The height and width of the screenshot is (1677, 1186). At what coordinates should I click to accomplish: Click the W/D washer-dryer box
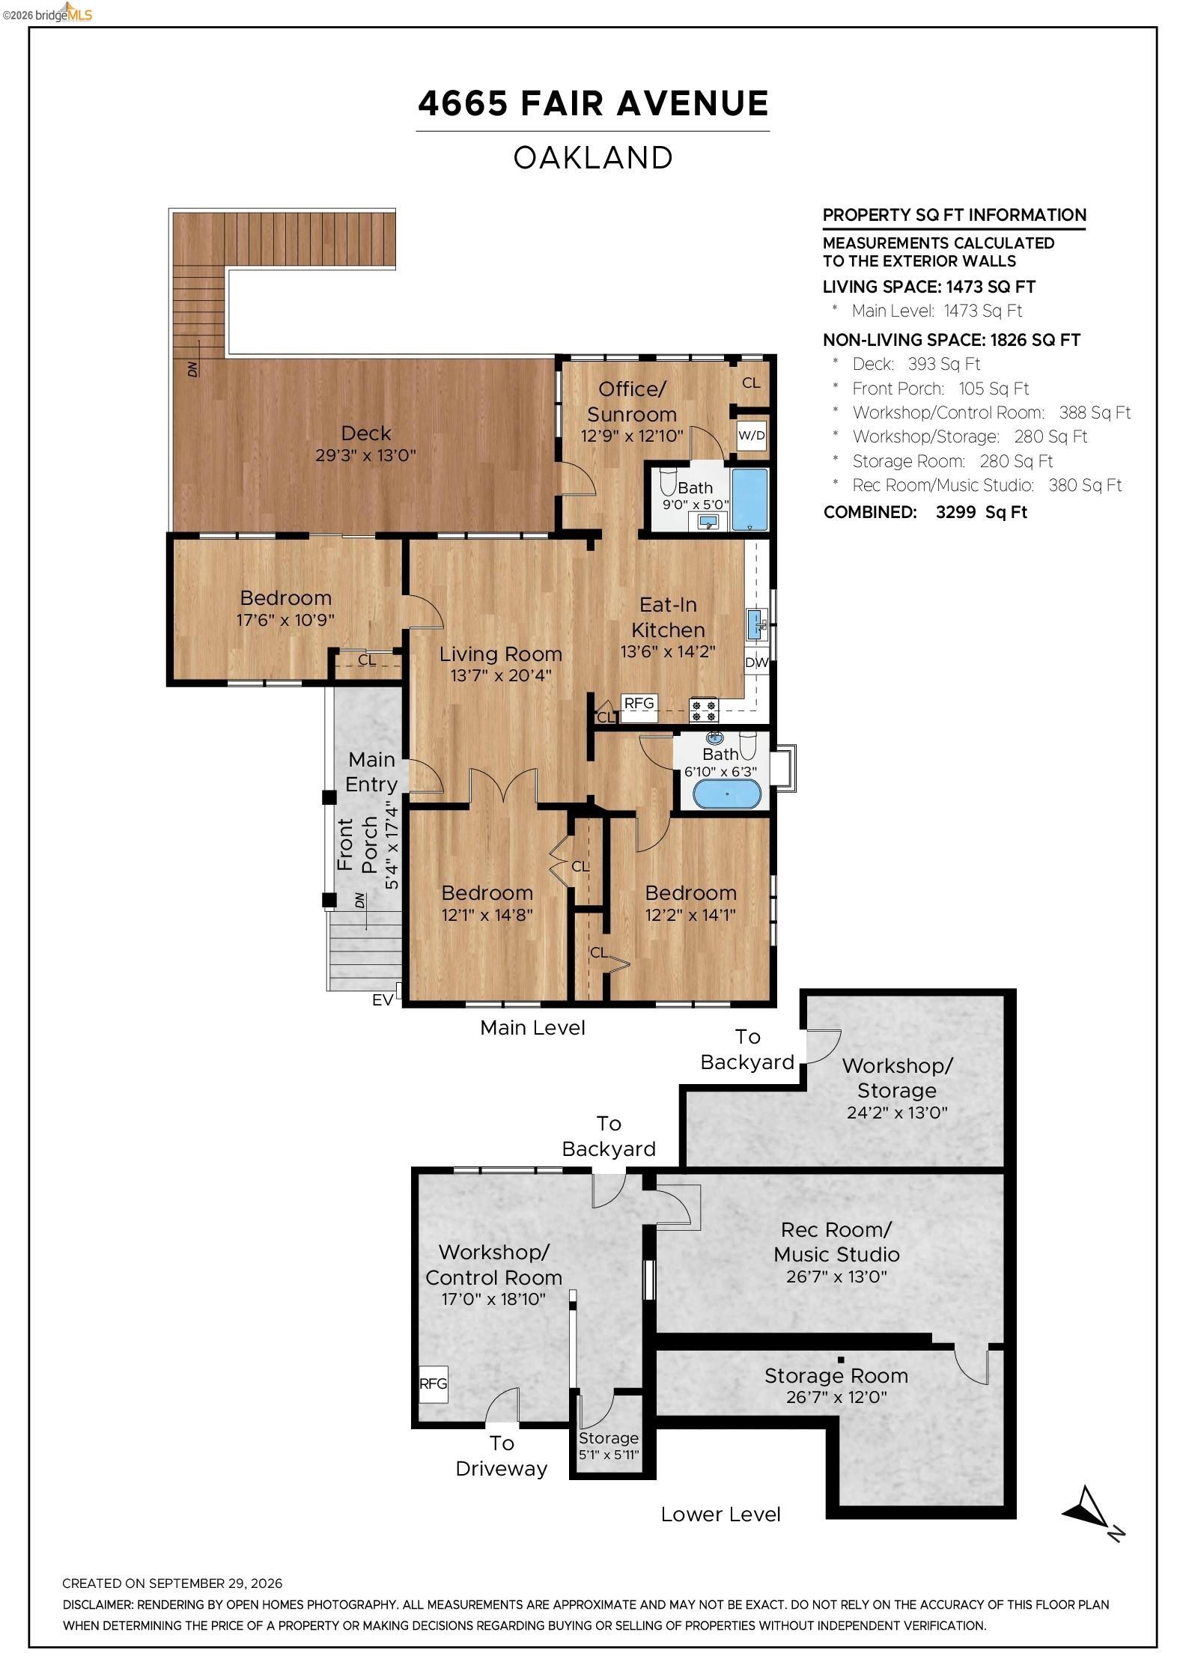pos(751,435)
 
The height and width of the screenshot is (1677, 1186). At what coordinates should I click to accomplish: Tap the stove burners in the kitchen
pos(703,710)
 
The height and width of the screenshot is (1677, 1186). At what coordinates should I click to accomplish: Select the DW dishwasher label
pos(756,663)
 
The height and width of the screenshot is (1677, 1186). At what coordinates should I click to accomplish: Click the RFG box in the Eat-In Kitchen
pos(639,703)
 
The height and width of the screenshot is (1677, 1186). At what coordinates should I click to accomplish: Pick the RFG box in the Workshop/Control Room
pos(433,1384)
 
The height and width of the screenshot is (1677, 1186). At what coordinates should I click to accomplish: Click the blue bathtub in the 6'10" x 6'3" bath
pos(726,794)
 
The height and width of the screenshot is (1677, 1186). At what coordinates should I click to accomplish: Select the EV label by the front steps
pos(383,1000)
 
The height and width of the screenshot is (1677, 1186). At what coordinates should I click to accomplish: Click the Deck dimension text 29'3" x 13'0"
pos(365,455)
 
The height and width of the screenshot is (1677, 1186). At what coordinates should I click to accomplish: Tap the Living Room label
pos(500,654)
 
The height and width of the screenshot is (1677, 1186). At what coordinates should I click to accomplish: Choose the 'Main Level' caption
pos(532,1028)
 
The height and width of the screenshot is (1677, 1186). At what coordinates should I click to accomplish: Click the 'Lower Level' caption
pos(720,1515)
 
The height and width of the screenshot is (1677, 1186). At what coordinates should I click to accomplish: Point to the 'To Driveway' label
pos(502,1456)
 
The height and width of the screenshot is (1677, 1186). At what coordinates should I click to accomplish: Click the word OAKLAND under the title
pos(593,158)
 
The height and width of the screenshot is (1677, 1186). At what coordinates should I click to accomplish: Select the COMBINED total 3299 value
pos(955,512)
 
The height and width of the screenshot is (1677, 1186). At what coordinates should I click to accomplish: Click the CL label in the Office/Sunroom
pos(751,383)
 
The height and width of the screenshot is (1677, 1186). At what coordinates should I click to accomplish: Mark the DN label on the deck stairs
pos(193,369)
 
